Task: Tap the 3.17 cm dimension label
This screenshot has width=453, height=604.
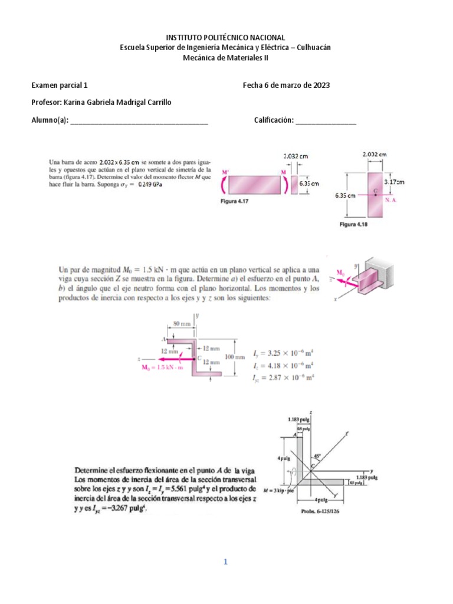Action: pos(393,182)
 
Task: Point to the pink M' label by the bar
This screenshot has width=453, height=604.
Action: pos(225,172)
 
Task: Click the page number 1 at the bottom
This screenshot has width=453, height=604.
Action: pos(225,562)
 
